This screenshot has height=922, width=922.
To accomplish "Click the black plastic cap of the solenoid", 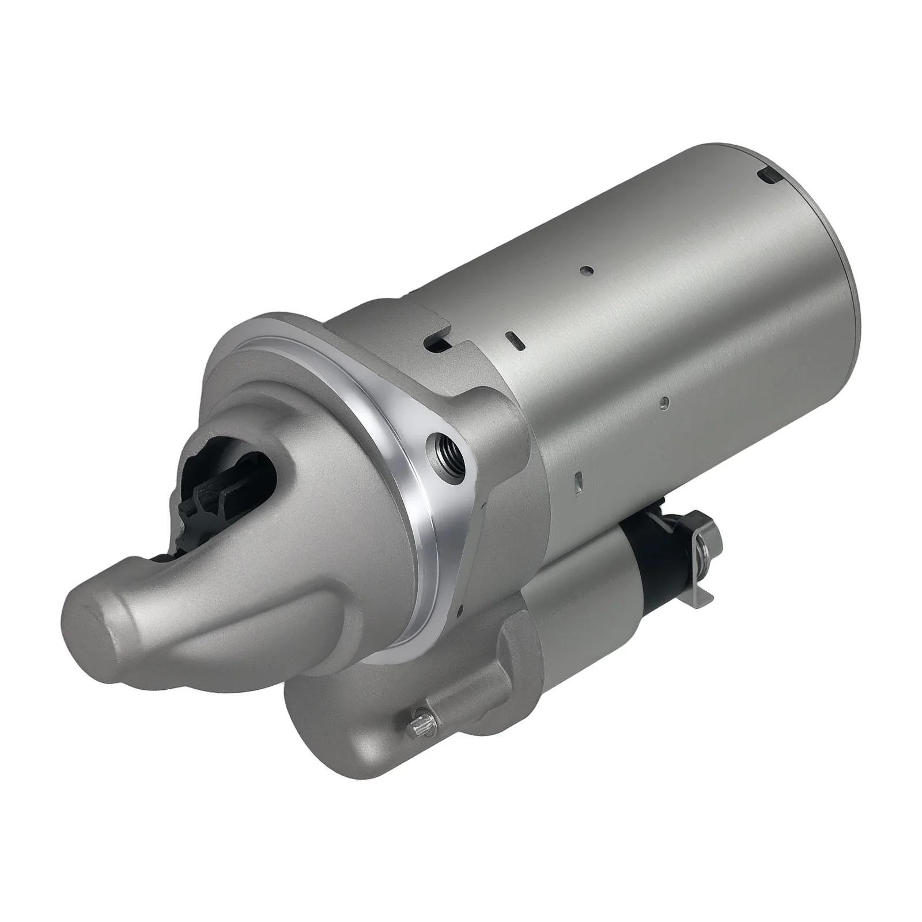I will pos(657,547).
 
